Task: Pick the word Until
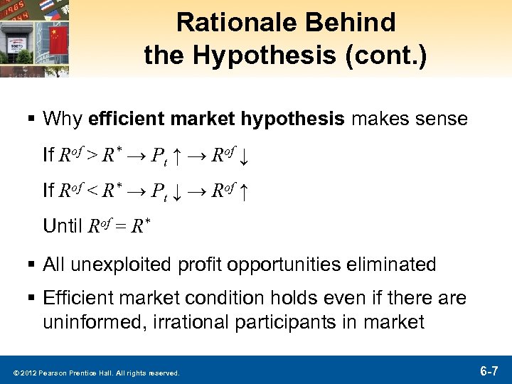click(x=63, y=227)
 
